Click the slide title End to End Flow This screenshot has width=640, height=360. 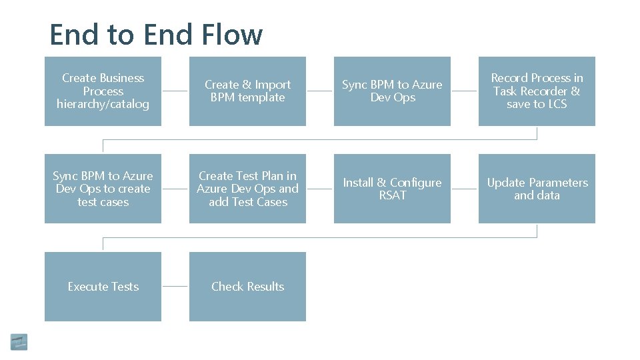[x=156, y=34]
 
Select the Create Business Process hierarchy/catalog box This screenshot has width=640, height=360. [x=103, y=91]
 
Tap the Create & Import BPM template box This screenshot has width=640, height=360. [x=247, y=91]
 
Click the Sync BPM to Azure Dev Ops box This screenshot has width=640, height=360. [x=392, y=91]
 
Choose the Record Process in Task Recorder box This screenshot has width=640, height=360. [x=537, y=91]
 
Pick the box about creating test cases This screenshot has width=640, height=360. [x=103, y=189]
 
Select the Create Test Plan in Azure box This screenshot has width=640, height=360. [x=247, y=189]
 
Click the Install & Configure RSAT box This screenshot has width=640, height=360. [x=392, y=189]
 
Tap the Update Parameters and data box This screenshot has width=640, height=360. [x=537, y=189]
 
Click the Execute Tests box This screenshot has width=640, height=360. [x=103, y=287]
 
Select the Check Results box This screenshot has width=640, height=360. [x=247, y=287]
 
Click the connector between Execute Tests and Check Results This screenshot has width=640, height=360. [x=175, y=287]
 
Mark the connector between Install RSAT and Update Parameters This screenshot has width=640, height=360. [x=465, y=189]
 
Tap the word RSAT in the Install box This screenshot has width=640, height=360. [x=392, y=195]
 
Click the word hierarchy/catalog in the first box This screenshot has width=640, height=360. [x=103, y=104]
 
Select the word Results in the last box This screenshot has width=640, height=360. [x=265, y=287]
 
